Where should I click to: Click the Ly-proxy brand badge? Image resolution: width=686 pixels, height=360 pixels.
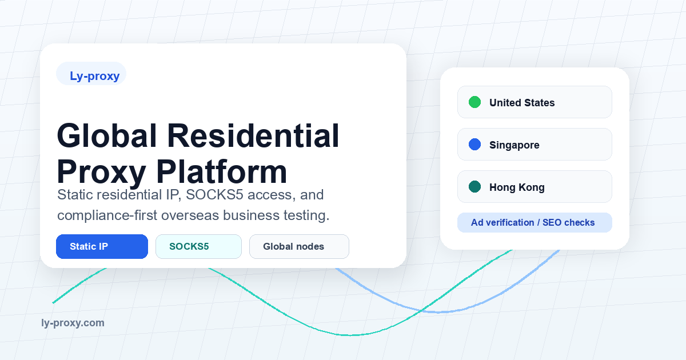[x=91, y=74]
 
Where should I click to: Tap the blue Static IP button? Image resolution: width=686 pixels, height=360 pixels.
[x=102, y=246]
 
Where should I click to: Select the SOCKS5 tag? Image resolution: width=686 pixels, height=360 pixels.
[x=198, y=246]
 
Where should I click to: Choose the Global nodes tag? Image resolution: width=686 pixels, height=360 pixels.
[x=299, y=246]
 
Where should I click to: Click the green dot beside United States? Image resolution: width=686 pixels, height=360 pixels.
[x=474, y=102]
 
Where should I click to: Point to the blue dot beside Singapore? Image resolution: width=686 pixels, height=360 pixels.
[x=474, y=144]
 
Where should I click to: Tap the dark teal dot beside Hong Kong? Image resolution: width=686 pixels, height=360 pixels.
[x=474, y=186]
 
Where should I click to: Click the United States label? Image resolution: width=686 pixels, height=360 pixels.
[x=522, y=102]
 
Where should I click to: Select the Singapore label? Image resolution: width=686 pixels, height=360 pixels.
[x=514, y=145]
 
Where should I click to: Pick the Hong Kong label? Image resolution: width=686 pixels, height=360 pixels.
[x=517, y=187]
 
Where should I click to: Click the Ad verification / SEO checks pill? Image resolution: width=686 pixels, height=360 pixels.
[x=535, y=222]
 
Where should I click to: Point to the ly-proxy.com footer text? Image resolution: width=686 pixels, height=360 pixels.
[x=73, y=323]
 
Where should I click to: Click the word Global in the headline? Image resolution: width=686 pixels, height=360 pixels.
[x=107, y=135]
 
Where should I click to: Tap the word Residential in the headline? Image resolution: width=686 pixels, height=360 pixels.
[x=253, y=135]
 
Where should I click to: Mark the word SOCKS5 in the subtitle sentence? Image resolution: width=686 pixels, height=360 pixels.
[x=214, y=195]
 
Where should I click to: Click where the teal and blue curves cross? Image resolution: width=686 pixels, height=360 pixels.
[x=421, y=310]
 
